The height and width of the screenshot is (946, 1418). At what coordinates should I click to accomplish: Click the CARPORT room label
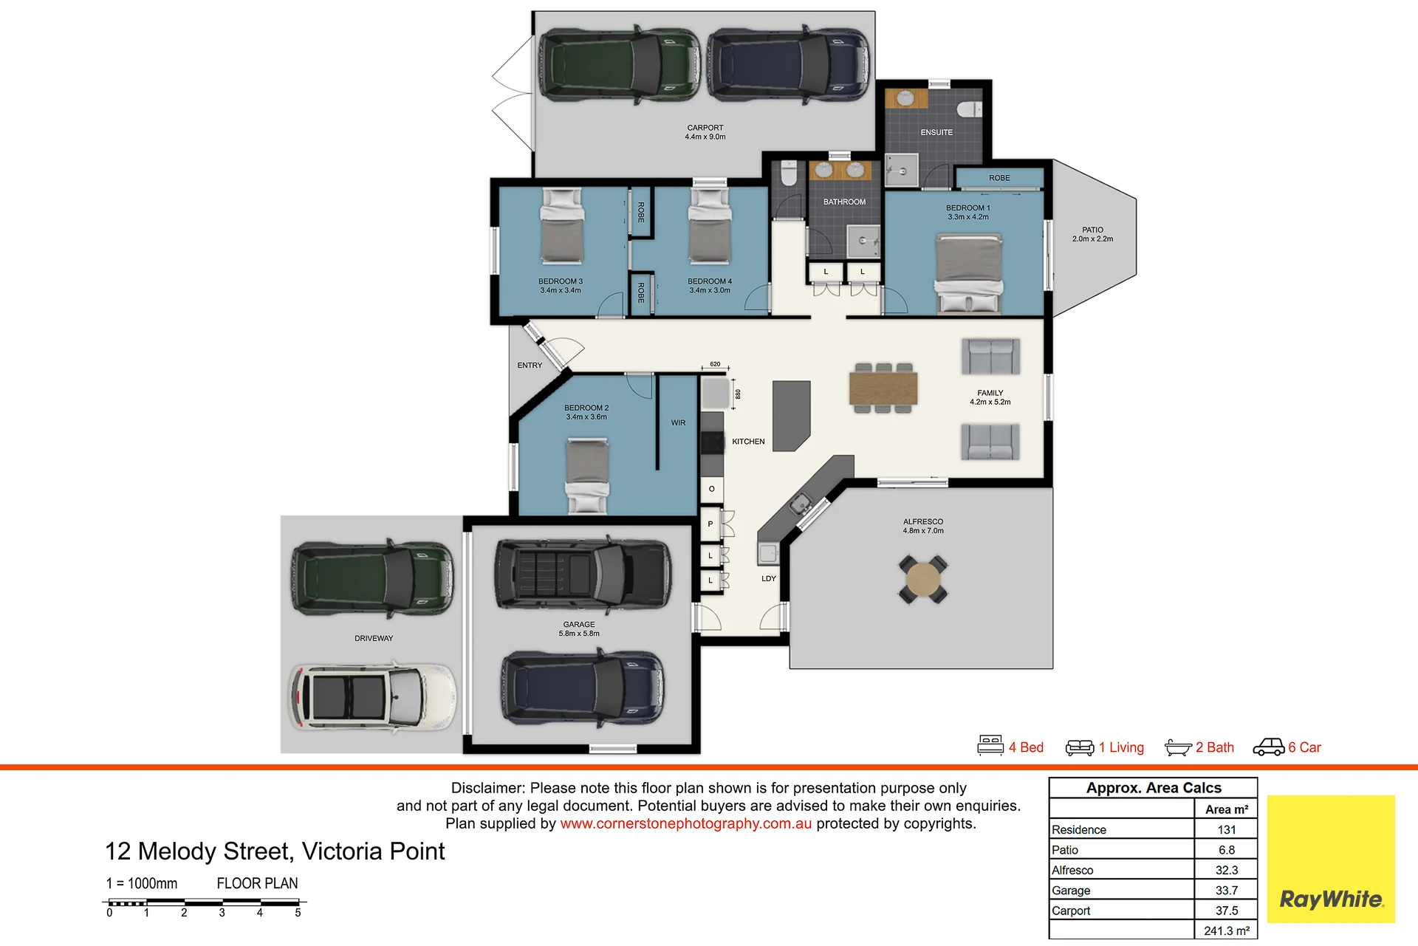point(705,128)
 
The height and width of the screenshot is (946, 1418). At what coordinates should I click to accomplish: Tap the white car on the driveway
point(372,697)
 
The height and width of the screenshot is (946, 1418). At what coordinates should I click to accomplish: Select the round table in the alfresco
point(923,580)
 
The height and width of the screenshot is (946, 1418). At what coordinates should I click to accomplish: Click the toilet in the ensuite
point(970,109)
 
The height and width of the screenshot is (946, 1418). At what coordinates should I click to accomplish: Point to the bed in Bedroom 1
point(969,273)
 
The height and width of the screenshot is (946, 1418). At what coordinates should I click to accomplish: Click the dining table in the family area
point(883,388)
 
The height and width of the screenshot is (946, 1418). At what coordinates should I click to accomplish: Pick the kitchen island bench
point(792,416)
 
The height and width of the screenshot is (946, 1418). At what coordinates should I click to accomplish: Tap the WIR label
point(678,423)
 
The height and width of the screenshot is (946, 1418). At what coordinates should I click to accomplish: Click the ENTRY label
point(530,366)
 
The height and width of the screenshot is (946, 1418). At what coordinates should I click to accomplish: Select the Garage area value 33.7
point(1226,891)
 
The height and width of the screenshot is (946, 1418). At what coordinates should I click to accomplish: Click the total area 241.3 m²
point(1226,931)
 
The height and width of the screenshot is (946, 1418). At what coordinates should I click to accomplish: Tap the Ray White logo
point(1331,859)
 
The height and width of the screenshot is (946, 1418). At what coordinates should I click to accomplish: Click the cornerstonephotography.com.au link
point(685,823)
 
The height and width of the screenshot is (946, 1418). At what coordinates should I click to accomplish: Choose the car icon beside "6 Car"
point(1269,747)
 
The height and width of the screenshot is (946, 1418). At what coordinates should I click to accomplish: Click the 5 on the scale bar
point(298,913)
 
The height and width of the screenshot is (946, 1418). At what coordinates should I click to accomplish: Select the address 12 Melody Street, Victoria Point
point(275,851)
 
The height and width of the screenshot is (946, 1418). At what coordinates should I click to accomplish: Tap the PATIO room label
point(1092,230)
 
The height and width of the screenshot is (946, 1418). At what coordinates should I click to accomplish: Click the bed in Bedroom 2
point(587,476)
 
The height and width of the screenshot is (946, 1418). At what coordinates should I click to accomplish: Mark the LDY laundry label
point(769,579)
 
